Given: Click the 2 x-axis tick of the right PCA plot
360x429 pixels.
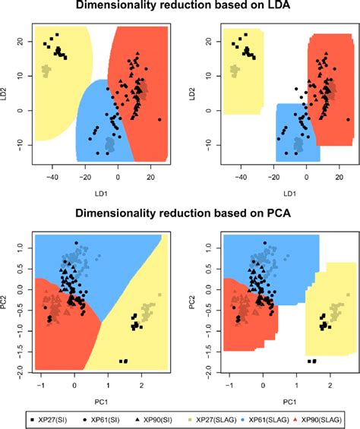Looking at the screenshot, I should [x=330, y=386].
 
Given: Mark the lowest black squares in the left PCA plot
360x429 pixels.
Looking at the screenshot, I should [x=123, y=361].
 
